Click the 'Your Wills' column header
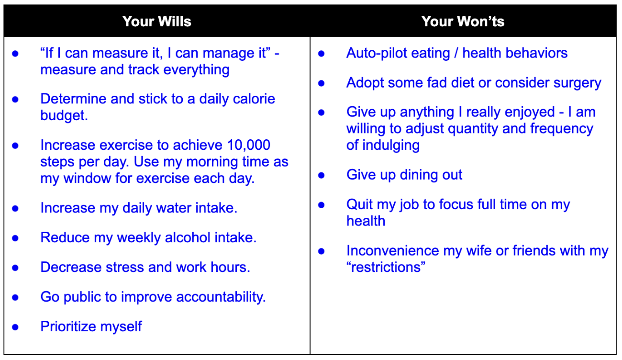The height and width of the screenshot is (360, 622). click(x=156, y=22)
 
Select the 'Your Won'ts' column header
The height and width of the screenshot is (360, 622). click(x=463, y=22)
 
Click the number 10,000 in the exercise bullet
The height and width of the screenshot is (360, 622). click(x=248, y=145)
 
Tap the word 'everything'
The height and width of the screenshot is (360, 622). click(x=196, y=70)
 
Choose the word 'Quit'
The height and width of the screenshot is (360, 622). click(x=360, y=205)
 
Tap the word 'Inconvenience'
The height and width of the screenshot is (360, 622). click(x=393, y=251)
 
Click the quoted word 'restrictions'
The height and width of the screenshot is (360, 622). click(x=386, y=268)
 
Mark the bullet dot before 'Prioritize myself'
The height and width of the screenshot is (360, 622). click(x=15, y=327)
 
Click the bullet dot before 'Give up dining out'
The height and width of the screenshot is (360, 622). click(x=321, y=175)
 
